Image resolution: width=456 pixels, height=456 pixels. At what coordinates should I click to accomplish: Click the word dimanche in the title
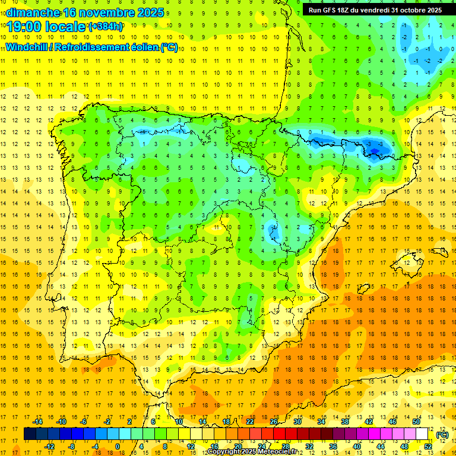pyautogui.click(x=33, y=12)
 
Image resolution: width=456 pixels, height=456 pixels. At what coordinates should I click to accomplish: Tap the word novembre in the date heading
pyautogui.click(x=111, y=12)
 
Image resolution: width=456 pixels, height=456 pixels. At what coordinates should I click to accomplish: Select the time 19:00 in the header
pyautogui.click(x=25, y=27)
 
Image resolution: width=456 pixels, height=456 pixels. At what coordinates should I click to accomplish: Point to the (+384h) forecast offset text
pyautogui.click(x=106, y=27)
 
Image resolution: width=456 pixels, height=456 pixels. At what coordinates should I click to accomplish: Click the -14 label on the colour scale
pyautogui.click(x=38, y=421)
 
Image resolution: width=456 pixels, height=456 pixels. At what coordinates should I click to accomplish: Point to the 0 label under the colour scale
pyautogui.click(x=118, y=446)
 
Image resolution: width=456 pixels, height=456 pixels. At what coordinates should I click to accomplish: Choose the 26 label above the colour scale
pyautogui.click(x=274, y=421)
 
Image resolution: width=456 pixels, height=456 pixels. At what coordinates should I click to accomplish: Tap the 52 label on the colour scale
pyautogui.click(x=428, y=446)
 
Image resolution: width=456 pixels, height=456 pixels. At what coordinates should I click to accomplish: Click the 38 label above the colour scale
pyautogui.click(x=344, y=421)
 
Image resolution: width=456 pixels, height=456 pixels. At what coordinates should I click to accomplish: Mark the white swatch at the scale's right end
pyautogui.click(x=422, y=434)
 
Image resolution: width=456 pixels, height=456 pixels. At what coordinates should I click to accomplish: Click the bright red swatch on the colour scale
pyautogui.click(x=280, y=434)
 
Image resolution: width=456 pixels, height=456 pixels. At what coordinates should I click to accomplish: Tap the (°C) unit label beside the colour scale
pyautogui.click(x=442, y=434)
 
